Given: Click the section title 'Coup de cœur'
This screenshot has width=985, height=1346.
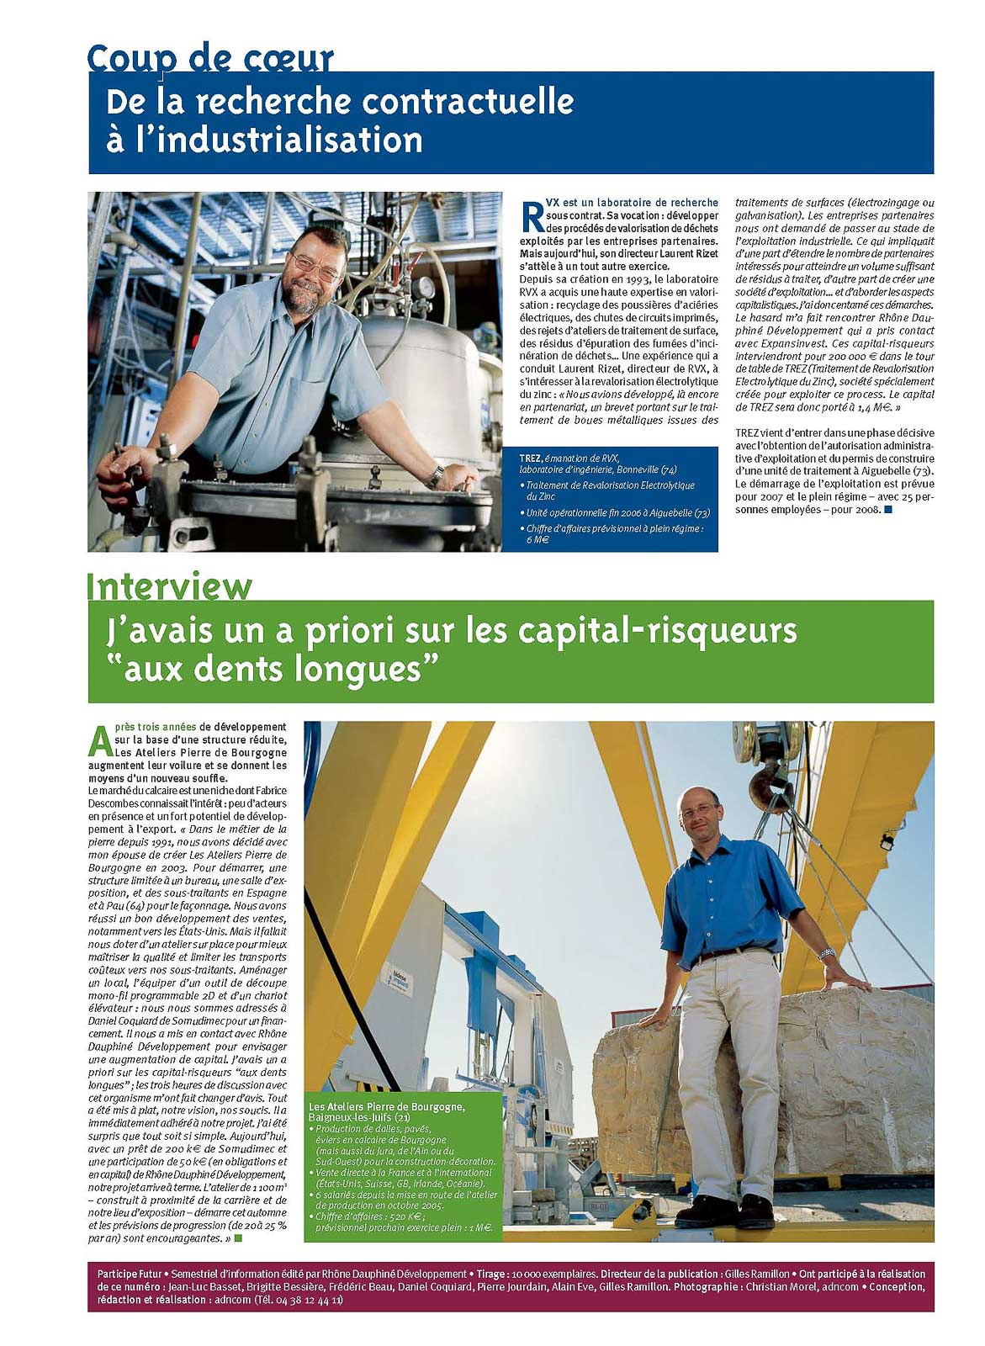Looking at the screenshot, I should click(x=210, y=58).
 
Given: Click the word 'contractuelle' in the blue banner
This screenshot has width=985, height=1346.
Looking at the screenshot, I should click(x=468, y=102).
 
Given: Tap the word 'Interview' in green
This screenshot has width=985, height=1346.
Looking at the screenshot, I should click(x=169, y=586).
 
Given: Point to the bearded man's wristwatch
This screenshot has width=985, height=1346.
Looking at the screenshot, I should click(x=435, y=475).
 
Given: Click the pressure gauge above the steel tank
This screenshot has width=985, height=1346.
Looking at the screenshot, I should click(x=426, y=286).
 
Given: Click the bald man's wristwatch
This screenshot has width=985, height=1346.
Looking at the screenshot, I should click(x=826, y=953).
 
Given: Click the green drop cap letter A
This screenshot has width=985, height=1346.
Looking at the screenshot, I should click(x=99, y=740).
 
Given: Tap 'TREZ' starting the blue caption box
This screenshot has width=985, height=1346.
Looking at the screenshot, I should click(x=530, y=458).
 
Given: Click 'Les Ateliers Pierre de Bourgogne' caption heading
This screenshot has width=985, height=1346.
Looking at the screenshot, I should click(x=386, y=1105).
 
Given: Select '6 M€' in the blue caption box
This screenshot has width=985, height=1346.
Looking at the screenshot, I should click(x=538, y=539).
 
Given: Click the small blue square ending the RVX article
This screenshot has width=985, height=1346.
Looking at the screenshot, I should click(x=887, y=509).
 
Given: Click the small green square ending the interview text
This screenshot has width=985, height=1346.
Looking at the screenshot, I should click(x=238, y=1238).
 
